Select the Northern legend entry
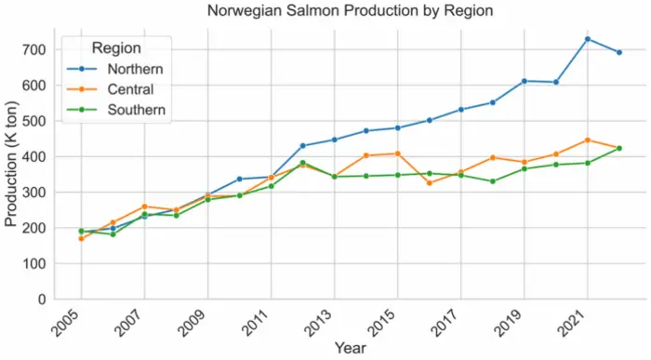[x=136, y=69]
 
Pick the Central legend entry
[x=131, y=89]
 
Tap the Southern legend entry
[x=136, y=110]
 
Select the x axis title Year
[x=350, y=349]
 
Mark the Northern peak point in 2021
[x=587, y=39]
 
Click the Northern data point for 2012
[x=302, y=146]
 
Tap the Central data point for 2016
[x=429, y=182]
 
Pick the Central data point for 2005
[x=81, y=239]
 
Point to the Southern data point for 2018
[x=492, y=181]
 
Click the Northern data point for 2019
[x=524, y=81]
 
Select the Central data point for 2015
[x=397, y=153]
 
